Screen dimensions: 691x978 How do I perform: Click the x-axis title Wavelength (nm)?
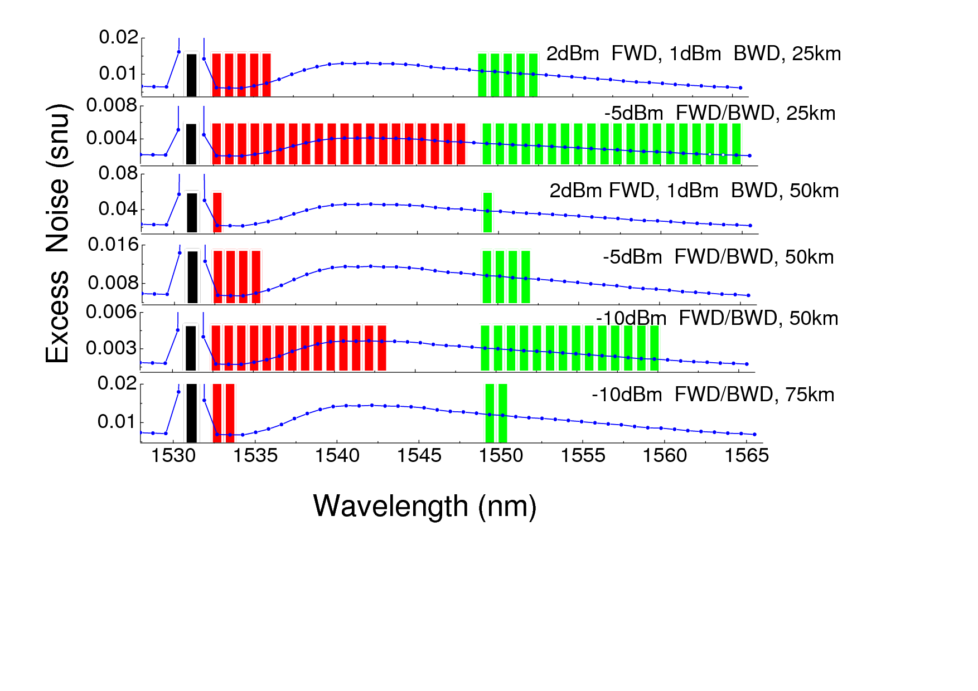coord(425,507)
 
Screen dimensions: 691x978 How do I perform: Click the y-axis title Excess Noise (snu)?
coord(58,233)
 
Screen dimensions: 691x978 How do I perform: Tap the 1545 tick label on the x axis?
coord(419,456)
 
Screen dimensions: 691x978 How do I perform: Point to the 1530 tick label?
coord(173,456)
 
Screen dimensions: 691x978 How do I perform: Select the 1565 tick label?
coord(746,456)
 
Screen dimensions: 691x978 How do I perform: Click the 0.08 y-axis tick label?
coord(118,173)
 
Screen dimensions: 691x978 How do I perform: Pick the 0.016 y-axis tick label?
coord(113,245)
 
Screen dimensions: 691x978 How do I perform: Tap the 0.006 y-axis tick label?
coord(112,312)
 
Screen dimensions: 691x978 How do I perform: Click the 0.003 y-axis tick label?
coord(112,348)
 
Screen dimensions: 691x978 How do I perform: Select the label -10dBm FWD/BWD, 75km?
coord(713,395)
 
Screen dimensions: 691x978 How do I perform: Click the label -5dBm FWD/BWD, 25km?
coord(719,113)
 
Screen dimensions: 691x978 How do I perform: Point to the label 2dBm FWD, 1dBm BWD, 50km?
coord(694,191)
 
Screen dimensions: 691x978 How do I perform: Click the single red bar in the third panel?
coord(217,212)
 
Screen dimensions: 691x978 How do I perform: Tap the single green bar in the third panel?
coord(487,212)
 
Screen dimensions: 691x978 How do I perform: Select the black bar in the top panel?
coord(191,75)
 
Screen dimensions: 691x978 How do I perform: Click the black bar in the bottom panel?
coord(191,413)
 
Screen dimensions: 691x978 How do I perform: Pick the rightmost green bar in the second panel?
coord(736,144)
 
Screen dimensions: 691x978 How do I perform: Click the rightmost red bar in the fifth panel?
coord(381,348)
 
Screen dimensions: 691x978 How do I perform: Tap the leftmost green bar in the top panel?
coord(482,75)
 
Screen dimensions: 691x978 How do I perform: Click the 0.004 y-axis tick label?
coord(112,138)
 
